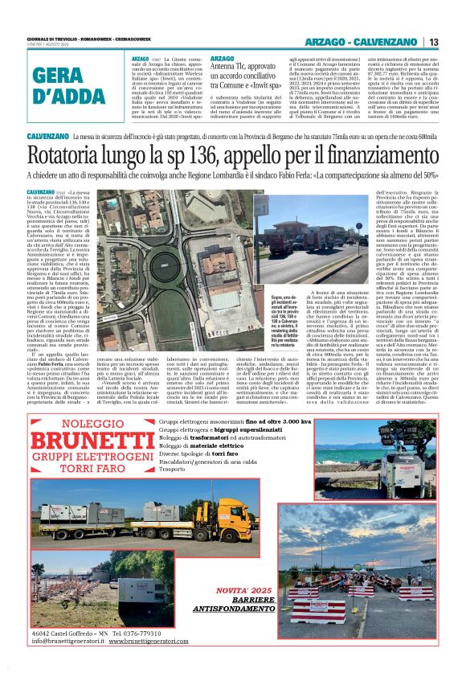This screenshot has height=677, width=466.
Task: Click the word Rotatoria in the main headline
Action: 76,154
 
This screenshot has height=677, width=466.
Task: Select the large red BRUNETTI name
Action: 88,441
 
